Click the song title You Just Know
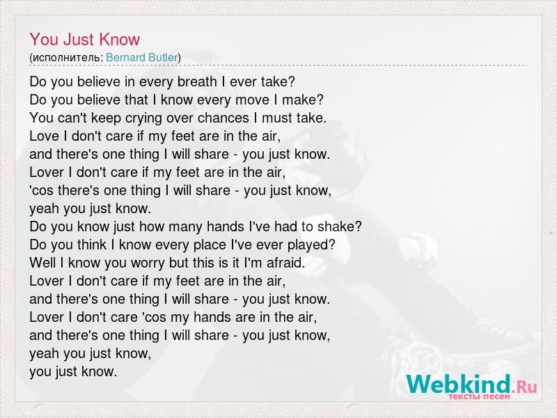point(84,39)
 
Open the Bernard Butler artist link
point(142,57)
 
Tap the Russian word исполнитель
point(66,58)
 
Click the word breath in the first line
point(197,82)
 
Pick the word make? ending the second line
point(303,100)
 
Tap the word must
point(276,118)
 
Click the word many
point(187,227)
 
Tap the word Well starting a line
point(42,263)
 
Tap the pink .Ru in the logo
point(524,387)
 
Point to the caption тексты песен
point(479,396)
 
